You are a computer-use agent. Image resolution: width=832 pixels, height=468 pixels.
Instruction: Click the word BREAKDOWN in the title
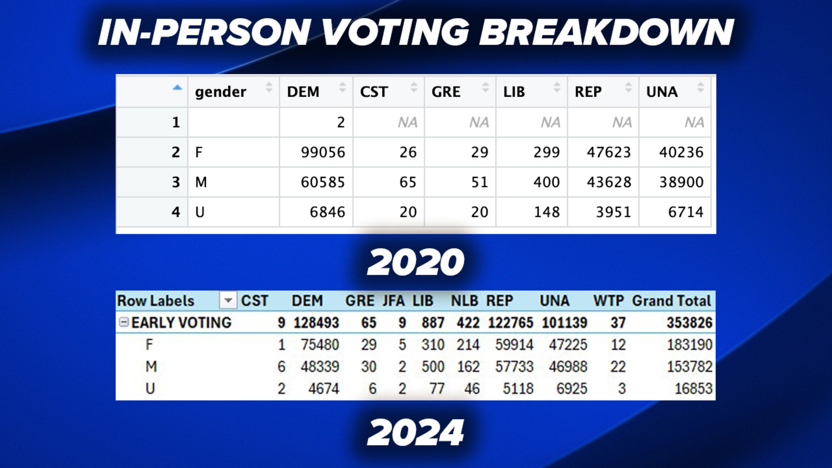click(x=606, y=32)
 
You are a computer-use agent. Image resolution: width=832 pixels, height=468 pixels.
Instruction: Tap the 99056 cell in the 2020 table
click(x=323, y=152)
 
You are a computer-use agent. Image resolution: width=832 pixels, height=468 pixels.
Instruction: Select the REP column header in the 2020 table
click(x=588, y=92)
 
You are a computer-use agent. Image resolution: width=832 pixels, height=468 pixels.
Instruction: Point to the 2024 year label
click(x=415, y=433)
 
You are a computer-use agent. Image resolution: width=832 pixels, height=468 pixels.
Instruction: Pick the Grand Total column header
click(x=671, y=301)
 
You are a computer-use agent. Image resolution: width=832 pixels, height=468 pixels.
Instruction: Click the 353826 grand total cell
click(x=690, y=323)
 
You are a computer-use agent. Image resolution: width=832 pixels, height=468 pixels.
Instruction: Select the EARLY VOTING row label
click(x=181, y=323)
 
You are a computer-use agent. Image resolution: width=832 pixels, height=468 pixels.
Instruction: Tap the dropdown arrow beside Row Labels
click(x=228, y=301)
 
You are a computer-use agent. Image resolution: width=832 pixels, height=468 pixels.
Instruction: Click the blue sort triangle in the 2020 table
click(x=177, y=87)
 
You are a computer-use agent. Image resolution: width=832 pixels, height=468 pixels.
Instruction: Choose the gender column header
click(x=220, y=92)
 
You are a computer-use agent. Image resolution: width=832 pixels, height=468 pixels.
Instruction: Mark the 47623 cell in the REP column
click(x=608, y=152)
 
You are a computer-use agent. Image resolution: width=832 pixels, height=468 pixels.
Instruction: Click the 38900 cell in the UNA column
click(x=681, y=182)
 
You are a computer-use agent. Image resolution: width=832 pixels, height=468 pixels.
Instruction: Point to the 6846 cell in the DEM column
click(x=327, y=212)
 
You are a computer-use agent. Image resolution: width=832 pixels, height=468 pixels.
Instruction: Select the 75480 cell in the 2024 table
click(x=320, y=345)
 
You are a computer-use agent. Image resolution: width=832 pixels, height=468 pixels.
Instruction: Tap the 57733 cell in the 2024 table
click(x=514, y=367)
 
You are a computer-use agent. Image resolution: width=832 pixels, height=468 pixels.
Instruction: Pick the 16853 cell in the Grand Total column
click(x=693, y=388)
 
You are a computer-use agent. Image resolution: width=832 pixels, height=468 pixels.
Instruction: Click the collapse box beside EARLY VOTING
click(x=124, y=322)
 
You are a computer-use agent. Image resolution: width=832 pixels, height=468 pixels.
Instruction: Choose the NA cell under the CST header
click(x=408, y=123)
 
